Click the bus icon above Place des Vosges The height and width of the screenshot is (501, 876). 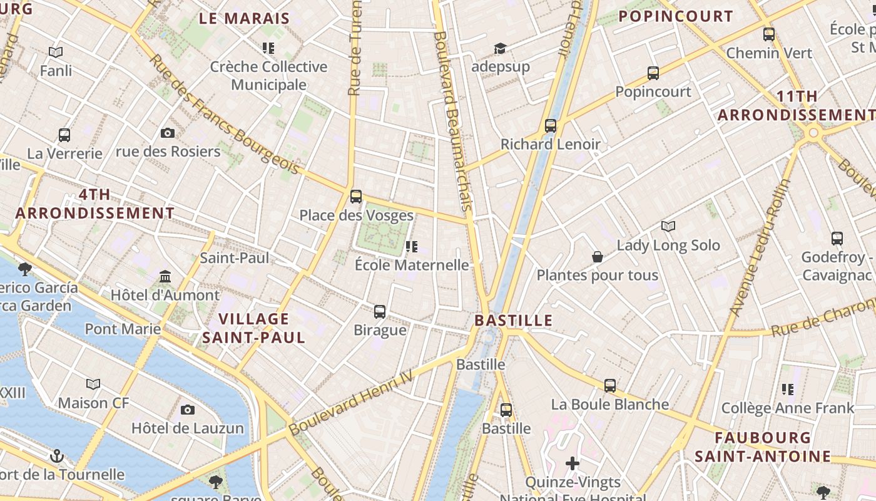[356, 197]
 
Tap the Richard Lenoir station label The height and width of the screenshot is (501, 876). [550, 144]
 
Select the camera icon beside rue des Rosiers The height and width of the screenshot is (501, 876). [168, 133]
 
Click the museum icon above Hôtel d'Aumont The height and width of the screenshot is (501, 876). [165, 276]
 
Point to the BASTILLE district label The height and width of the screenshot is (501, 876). [513, 321]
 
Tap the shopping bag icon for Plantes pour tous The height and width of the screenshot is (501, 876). [598, 257]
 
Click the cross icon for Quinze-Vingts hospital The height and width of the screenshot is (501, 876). [573, 463]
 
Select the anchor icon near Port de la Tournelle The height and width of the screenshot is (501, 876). [57, 455]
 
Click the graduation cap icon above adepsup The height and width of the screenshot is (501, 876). [500, 48]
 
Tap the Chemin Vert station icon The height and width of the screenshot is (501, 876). [769, 34]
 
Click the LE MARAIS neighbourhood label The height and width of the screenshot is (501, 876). [245, 18]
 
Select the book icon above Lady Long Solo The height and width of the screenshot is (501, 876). [668, 227]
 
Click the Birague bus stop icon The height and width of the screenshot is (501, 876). [380, 311]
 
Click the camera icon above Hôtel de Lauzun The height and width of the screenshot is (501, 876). [188, 410]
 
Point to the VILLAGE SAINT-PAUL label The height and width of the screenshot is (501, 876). [253, 328]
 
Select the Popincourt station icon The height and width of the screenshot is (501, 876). [653, 73]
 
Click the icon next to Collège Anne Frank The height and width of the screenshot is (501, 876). [787, 390]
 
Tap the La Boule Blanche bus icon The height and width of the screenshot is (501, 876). [610, 386]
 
